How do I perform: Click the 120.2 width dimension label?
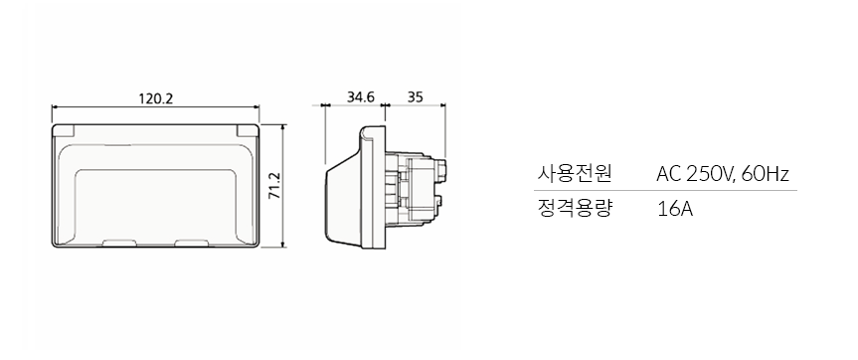coord(155,98)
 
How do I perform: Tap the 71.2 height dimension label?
coord(274,186)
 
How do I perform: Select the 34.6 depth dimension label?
coord(361,96)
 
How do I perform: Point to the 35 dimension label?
coord(416,96)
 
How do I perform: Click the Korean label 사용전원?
coord(574,174)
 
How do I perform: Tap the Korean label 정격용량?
coord(574,209)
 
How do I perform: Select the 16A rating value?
coord(675,210)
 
